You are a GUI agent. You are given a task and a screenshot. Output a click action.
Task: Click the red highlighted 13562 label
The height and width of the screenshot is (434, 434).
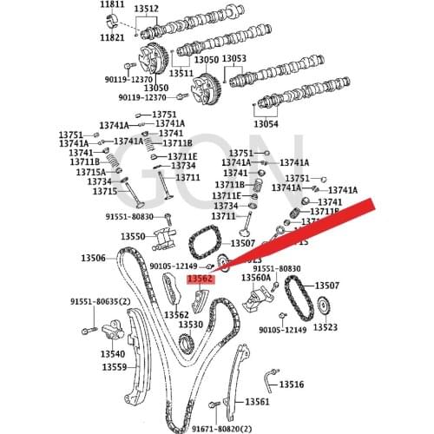201,279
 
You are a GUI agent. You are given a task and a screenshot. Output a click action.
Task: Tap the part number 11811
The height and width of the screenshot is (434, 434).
114,5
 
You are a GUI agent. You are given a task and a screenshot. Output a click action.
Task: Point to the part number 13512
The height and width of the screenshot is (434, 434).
145,10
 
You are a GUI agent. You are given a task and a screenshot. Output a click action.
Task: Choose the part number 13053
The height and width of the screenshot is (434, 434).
233,59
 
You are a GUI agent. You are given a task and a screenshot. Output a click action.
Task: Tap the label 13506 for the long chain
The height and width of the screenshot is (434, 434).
93,258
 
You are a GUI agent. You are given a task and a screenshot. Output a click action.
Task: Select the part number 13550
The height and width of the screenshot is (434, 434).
133,236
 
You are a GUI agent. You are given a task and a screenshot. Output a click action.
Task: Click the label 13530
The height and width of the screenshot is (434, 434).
190,325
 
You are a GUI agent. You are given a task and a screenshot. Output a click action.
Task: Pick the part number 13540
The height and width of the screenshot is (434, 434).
112,354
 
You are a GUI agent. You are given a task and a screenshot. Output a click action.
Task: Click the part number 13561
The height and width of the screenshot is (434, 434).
257,402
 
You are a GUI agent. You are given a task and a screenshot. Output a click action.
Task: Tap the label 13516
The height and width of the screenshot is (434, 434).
291,384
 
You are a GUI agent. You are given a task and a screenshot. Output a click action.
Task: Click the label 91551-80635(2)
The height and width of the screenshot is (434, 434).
101,301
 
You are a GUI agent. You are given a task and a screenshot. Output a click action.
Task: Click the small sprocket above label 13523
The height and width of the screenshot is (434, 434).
324,308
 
